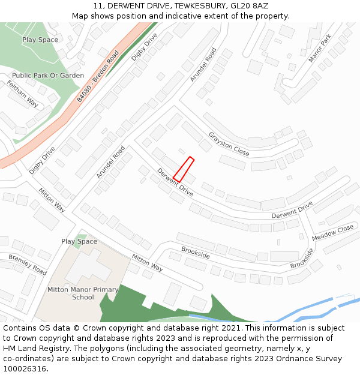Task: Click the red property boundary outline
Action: (184, 169)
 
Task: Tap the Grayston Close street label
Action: (229, 143)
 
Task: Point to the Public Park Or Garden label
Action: (48, 76)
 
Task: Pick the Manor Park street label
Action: (319, 49)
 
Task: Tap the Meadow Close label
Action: (333, 233)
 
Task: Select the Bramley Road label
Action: (28, 265)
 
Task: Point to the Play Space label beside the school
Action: (79, 241)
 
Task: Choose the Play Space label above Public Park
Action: (40, 40)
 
